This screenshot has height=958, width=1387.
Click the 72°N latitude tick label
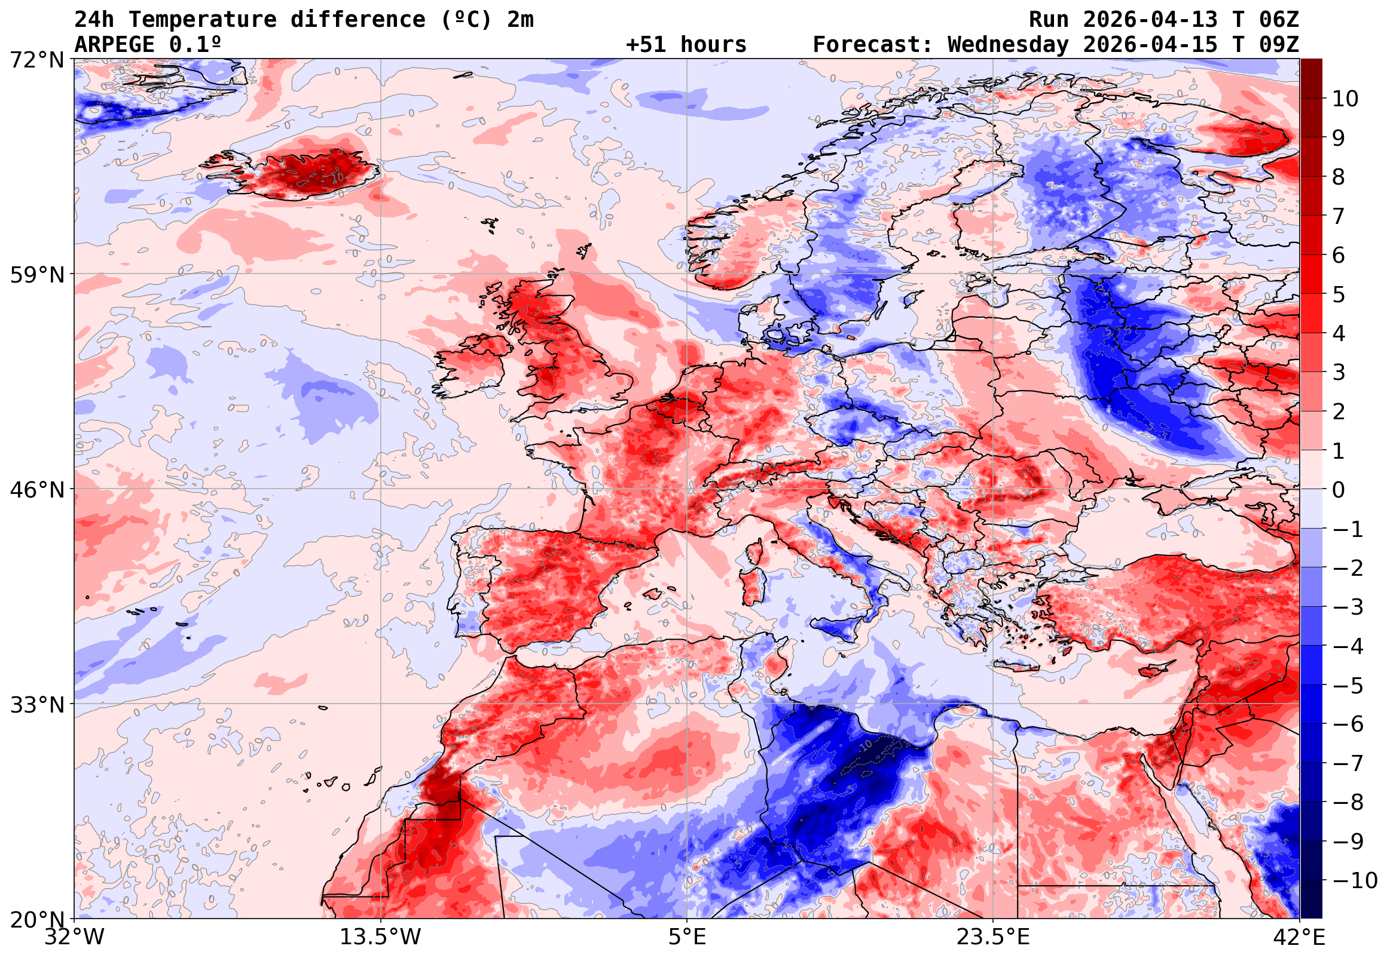pos(36,60)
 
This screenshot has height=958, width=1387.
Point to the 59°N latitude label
pos(36,275)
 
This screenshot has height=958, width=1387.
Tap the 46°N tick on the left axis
pos(36,490)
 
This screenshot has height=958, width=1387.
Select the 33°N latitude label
pos(36,705)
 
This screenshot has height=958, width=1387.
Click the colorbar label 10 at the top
pos(1346,99)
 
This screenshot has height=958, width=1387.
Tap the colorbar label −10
pos(1355,880)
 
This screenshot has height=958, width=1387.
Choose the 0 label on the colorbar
pos(1339,490)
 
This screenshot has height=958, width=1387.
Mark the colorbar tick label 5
pos(1339,294)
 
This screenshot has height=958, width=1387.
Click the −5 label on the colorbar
pos(1348,686)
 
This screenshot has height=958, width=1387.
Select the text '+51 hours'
pos(686,44)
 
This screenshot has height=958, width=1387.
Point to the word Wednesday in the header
pos(1008,44)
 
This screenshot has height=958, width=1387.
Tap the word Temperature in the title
pos(203,20)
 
